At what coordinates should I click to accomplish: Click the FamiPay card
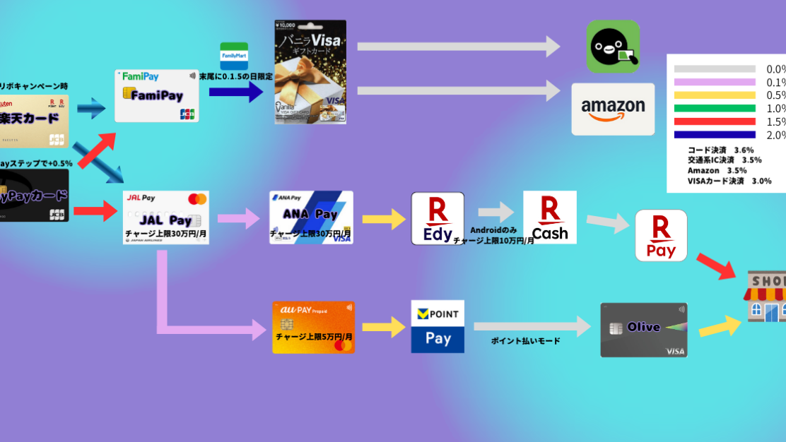[157, 95]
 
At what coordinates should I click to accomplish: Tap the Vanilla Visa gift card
[310, 72]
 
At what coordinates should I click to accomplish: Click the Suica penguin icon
[613, 47]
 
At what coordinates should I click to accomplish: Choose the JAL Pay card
[165, 217]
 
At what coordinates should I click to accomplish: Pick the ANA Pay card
[311, 217]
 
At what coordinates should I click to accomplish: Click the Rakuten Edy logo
[438, 218]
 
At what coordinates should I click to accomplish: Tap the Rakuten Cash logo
[549, 217]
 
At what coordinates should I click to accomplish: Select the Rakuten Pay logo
[661, 235]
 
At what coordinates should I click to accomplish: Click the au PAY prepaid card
[313, 328]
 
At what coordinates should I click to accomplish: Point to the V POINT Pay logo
[438, 326]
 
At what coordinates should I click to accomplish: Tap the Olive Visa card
[643, 330]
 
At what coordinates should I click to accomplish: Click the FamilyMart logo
[234, 56]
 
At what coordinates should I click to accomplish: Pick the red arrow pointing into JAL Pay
[95, 210]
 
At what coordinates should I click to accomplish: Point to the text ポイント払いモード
[525, 341]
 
